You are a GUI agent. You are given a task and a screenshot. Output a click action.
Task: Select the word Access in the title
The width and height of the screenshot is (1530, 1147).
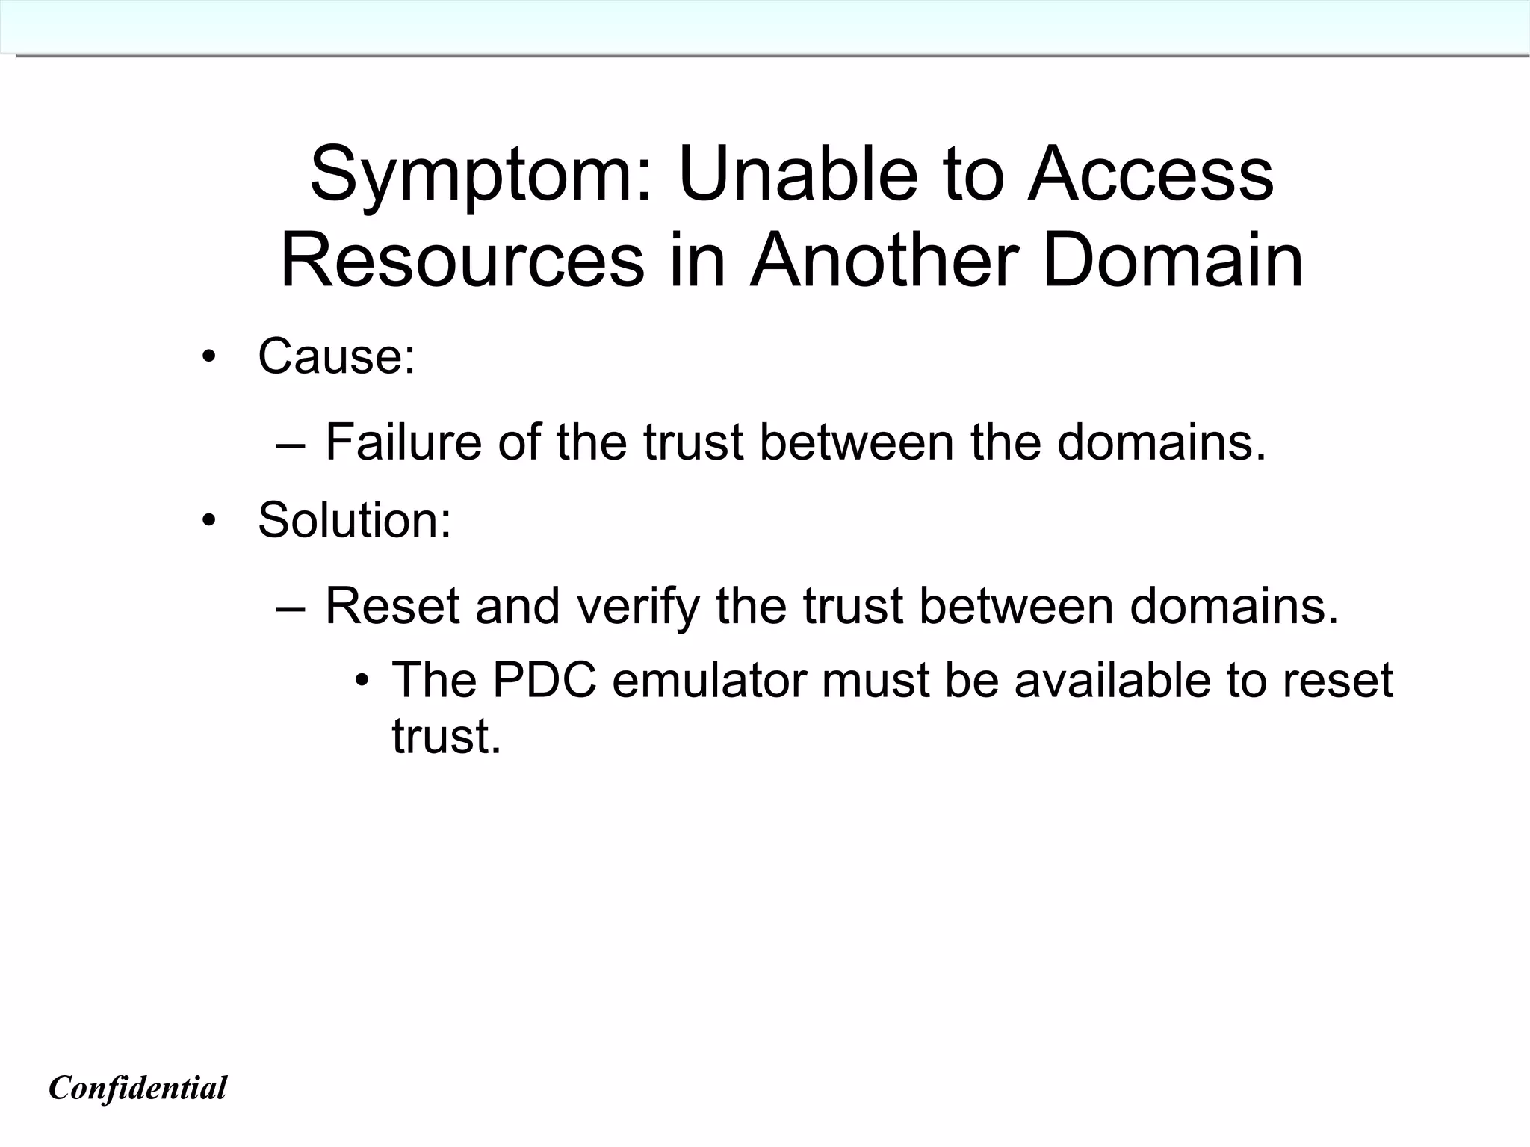click(1150, 174)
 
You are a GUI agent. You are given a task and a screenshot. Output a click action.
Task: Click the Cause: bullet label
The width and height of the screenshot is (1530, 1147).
click(336, 356)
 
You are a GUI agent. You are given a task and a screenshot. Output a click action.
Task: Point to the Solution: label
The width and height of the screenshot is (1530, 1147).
click(355, 519)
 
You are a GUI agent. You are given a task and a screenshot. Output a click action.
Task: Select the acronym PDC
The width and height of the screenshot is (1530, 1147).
click(545, 680)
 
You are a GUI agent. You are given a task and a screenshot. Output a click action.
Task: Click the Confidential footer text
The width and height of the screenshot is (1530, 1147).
click(137, 1088)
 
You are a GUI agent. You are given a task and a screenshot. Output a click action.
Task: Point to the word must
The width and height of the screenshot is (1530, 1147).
click(875, 680)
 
